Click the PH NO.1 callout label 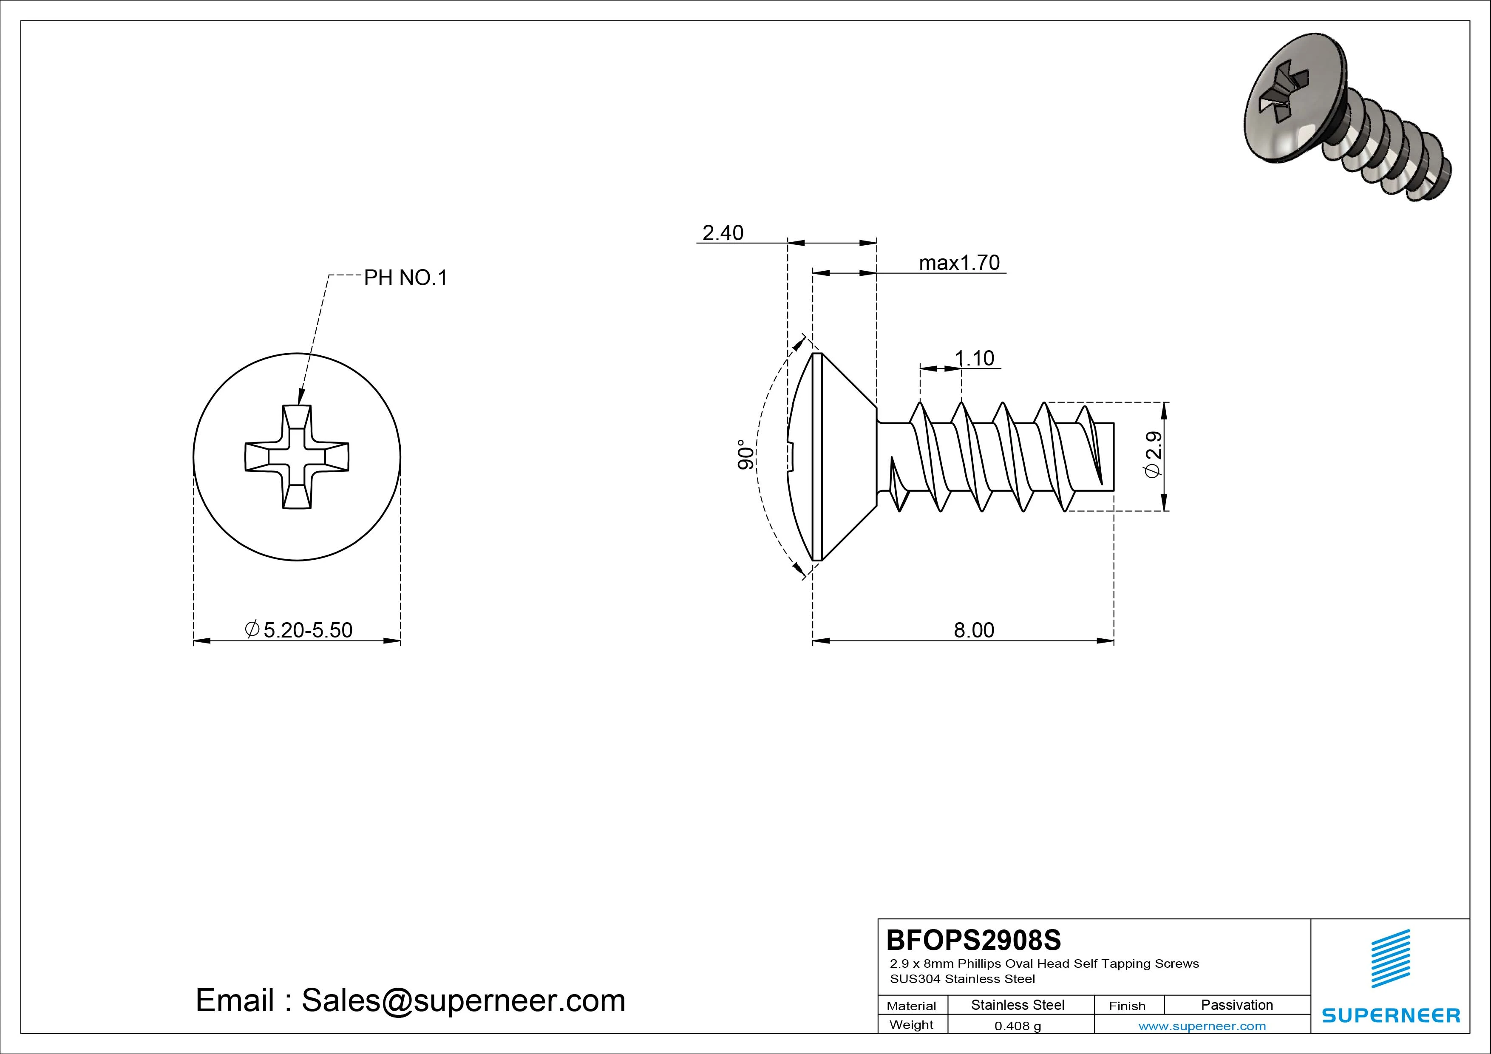405,278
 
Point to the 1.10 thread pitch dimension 974,358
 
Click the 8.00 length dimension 973,630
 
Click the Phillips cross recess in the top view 297,456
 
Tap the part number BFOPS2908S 973,940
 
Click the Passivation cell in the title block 1236,1005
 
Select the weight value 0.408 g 1017,1026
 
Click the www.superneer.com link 1202,1026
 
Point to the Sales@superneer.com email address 463,1001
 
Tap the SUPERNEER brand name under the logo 1390,1015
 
